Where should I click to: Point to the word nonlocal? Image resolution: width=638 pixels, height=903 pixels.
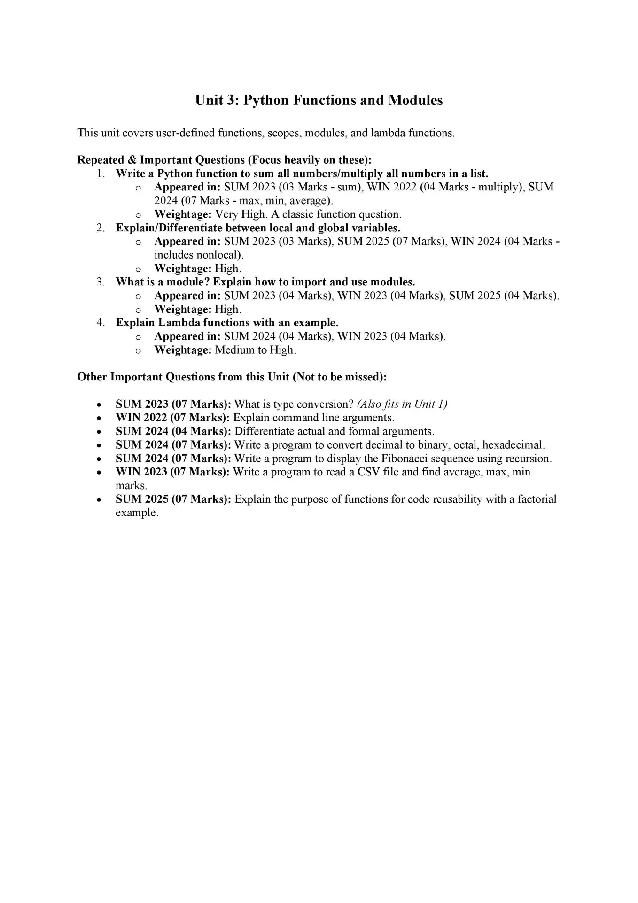point(220,255)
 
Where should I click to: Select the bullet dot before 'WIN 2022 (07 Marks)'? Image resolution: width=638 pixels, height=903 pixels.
point(98,418)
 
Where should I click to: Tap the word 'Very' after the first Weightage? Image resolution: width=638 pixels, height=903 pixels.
point(226,214)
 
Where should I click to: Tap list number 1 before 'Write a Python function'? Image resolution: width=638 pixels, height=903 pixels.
point(100,174)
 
